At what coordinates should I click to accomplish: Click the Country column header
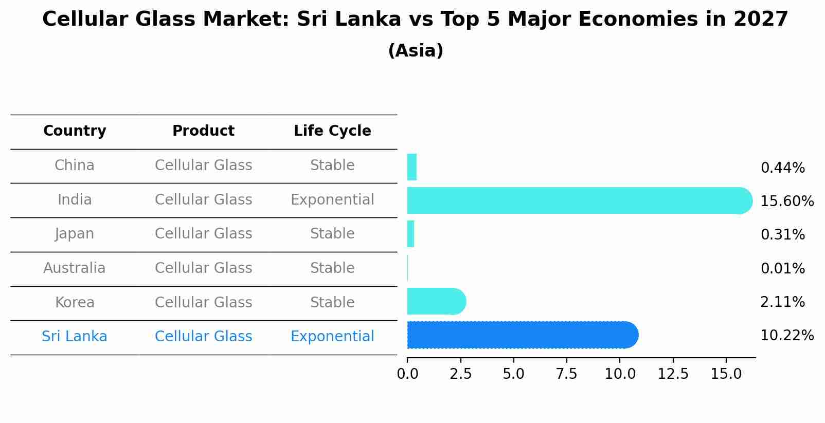(x=75, y=131)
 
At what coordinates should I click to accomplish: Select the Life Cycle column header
(x=332, y=131)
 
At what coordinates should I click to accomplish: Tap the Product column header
(x=203, y=131)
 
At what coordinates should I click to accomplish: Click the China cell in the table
(x=75, y=165)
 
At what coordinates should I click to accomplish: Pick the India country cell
(x=75, y=199)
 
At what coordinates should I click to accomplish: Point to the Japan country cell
(x=75, y=234)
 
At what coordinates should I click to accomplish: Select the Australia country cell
(x=75, y=268)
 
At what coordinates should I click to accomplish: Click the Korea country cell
(x=75, y=302)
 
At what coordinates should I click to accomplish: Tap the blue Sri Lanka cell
(x=75, y=337)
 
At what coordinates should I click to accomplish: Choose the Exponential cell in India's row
(x=332, y=199)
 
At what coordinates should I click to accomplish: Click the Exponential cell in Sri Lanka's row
(x=332, y=337)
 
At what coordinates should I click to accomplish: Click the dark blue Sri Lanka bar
(x=519, y=335)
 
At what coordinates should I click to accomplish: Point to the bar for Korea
(x=435, y=301)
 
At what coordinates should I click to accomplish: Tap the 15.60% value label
(x=787, y=201)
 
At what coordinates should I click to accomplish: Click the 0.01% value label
(x=782, y=269)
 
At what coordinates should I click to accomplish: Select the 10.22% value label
(x=787, y=336)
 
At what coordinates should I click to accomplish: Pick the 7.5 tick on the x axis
(x=566, y=374)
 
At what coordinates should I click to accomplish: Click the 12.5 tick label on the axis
(x=673, y=374)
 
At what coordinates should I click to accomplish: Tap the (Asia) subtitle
(x=416, y=51)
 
